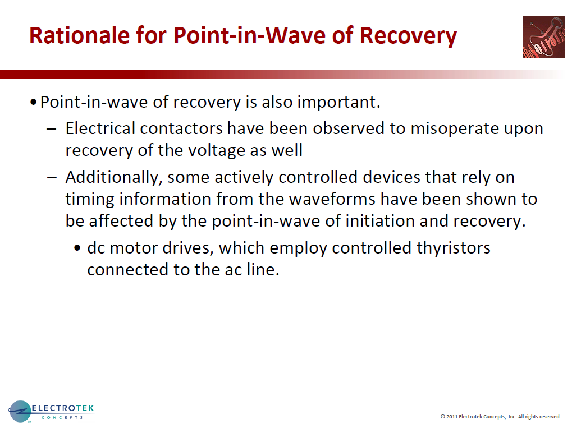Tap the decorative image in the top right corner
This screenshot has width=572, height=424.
pyautogui.click(x=543, y=37)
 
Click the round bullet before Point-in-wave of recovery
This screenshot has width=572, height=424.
pyautogui.click(x=34, y=103)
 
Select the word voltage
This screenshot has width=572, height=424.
pyautogui.click(x=231, y=150)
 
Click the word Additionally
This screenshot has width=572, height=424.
pyautogui.click(x=114, y=177)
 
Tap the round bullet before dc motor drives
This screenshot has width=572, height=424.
pyautogui.click(x=78, y=248)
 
